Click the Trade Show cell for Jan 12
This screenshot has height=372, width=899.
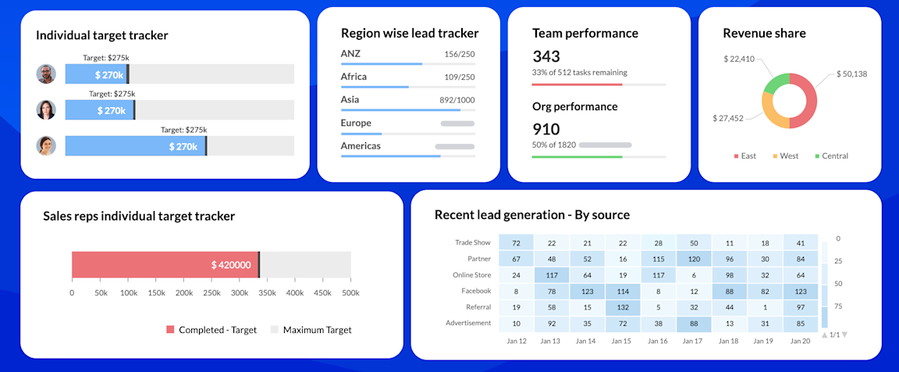tap(516, 244)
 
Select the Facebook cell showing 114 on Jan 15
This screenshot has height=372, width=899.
tap(623, 291)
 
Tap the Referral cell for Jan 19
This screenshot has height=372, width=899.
tap(765, 307)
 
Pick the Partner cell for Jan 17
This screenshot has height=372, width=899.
tap(694, 259)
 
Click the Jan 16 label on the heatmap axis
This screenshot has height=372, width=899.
tap(658, 342)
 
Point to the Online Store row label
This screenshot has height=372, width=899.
tap(471, 275)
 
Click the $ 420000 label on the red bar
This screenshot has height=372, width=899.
tap(231, 265)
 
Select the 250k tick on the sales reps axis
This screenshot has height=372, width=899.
tap(211, 293)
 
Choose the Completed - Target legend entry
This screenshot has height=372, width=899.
tap(211, 330)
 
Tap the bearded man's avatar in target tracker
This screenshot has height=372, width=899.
tap(46, 74)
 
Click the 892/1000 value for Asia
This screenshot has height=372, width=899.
tap(457, 100)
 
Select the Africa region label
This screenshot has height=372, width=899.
tap(354, 77)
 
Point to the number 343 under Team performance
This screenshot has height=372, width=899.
tap(546, 56)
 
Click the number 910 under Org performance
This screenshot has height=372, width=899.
tap(546, 129)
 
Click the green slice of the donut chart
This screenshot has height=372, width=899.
tap(776, 82)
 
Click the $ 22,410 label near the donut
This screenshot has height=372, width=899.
tap(738, 59)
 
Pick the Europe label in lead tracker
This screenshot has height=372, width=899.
tap(356, 123)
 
